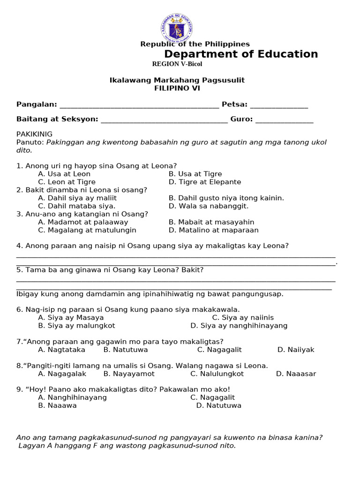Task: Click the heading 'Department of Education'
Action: coord(241,54)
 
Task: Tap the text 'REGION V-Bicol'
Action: coord(177,64)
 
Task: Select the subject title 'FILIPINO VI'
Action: coord(177,88)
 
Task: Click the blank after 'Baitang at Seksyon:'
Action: coord(164,120)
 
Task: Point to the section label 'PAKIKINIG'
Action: coord(35,134)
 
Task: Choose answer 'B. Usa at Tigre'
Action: coord(195,174)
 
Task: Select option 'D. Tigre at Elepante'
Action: coord(205,182)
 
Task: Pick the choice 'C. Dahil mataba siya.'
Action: coord(77,206)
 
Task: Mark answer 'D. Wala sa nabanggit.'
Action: coord(209,206)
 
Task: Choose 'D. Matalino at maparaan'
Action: coord(214,230)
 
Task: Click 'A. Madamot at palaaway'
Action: coord(83,222)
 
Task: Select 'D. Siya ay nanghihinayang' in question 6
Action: coord(239,326)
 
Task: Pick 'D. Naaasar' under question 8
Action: coord(296,374)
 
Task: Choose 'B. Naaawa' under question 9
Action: coord(58,405)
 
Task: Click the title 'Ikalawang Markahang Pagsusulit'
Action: coord(177,80)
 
